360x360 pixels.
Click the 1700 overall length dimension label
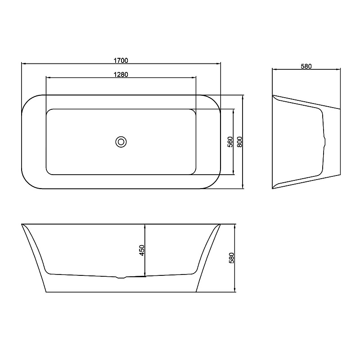tap(121, 61)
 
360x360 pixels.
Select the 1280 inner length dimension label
tap(121, 75)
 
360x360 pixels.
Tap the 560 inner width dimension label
tap(230, 142)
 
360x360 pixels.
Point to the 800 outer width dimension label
tap(239, 142)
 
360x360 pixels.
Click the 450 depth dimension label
tap(142, 251)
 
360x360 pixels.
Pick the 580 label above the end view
tap(306, 66)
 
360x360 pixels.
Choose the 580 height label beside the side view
tap(231, 258)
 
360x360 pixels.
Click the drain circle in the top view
tap(121, 142)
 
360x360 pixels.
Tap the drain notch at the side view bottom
tap(121, 277)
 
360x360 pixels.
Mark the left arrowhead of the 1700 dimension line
tap(23, 63)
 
